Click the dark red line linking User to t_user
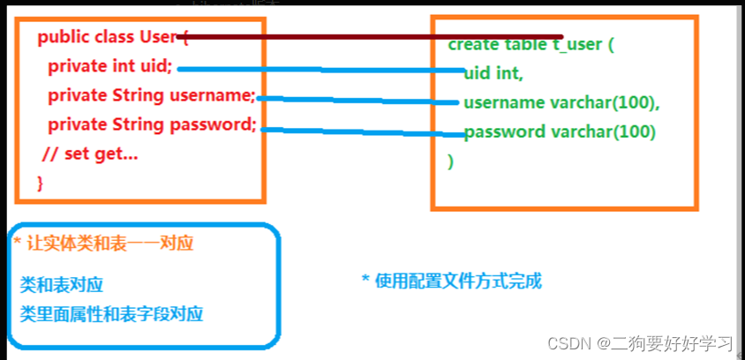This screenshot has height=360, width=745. click(371, 37)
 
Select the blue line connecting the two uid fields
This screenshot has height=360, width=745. click(318, 69)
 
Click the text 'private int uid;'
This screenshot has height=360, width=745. click(110, 67)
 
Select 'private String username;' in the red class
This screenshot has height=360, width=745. click(151, 95)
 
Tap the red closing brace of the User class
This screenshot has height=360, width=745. click(40, 183)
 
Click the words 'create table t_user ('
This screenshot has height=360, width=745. click(531, 45)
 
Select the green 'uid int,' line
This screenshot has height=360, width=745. click(493, 73)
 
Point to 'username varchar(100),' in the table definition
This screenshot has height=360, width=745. click(561, 102)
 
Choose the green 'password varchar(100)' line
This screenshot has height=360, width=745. click(560, 132)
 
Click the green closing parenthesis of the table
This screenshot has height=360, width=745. click(450, 161)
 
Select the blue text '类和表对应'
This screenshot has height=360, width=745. click(62, 285)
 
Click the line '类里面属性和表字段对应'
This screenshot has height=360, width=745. click(111, 313)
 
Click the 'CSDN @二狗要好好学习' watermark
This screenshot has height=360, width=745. click(641, 342)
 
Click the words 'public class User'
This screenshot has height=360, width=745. click(107, 37)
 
